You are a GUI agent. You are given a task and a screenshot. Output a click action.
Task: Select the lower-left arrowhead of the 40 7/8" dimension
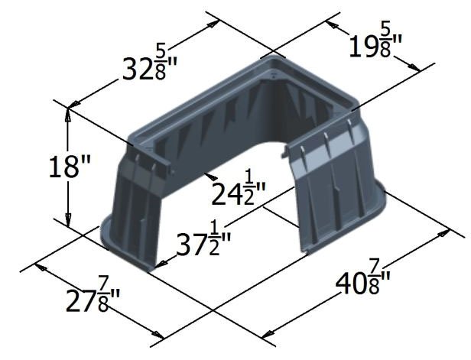pos(268,333)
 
